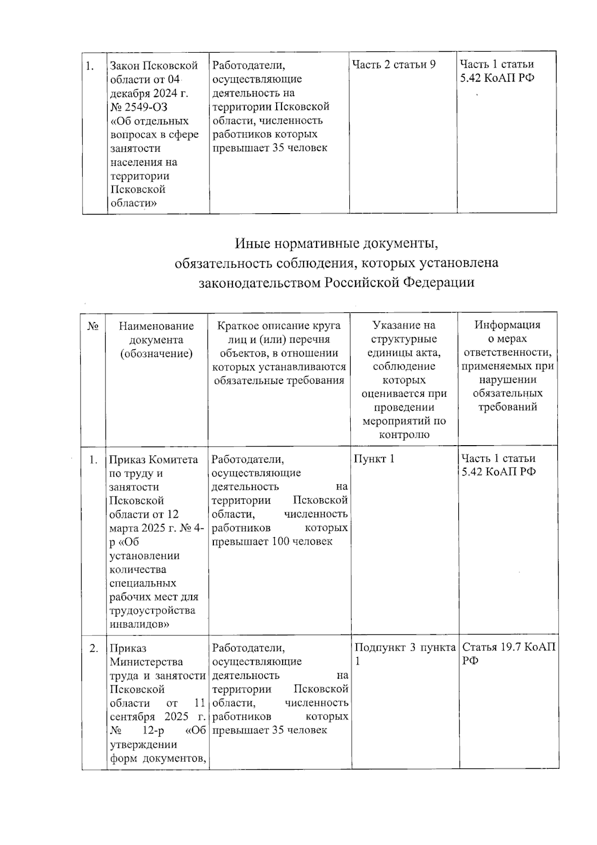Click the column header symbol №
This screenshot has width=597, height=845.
pyautogui.click(x=93, y=327)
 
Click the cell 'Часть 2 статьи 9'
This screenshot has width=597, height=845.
pyautogui.click(x=394, y=65)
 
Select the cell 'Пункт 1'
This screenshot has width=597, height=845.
pyautogui.click(x=374, y=459)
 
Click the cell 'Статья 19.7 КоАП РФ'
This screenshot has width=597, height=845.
pyautogui.click(x=508, y=654)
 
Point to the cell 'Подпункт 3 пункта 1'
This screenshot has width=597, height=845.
pyautogui.click(x=404, y=654)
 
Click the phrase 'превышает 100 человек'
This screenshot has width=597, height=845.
pyautogui.click(x=272, y=541)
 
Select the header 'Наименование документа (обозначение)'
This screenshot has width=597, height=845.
pyautogui.click(x=156, y=340)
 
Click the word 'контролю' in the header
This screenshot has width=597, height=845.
pyautogui.click(x=404, y=435)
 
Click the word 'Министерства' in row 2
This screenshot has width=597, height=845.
pyautogui.click(x=146, y=662)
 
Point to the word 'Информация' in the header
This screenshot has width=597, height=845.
pyautogui.click(x=507, y=325)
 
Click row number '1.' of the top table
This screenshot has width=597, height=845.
pyautogui.click(x=90, y=66)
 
